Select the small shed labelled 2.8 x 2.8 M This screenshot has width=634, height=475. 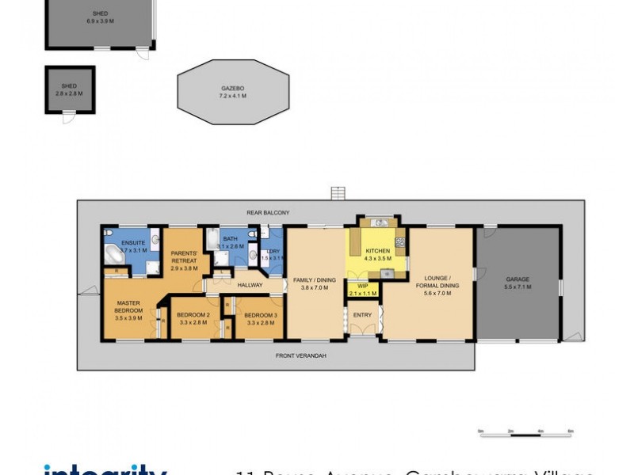[69, 89]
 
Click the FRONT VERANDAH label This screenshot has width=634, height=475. [300, 355]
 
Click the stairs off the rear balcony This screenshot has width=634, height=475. [338, 193]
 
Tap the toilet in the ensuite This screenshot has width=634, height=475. [155, 241]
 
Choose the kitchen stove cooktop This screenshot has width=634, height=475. [400, 241]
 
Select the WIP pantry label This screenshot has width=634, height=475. [364, 286]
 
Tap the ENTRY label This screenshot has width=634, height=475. [362, 315]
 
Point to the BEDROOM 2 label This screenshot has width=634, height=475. [193, 315]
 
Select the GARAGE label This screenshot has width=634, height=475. [518, 279]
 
